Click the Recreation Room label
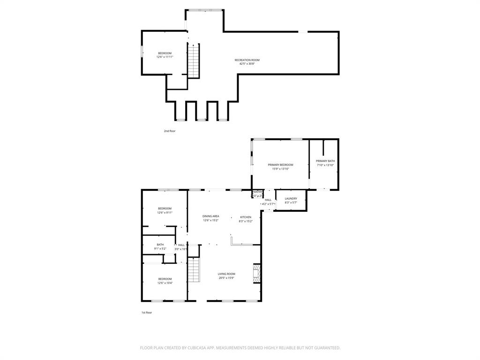click(247, 60)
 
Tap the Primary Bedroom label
click(280, 165)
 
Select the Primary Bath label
click(325, 161)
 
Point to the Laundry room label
click(291, 199)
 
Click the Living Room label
click(226, 274)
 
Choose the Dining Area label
click(210, 216)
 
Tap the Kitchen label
click(246, 217)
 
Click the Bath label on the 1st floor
click(160, 245)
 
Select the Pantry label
click(257, 192)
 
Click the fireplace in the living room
click(256, 274)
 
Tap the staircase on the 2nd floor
click(194, 61)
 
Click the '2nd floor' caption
click(170, 131)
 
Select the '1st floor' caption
click(147, 313)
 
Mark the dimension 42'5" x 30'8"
click(247, 64)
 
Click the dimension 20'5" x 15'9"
click(226, 278)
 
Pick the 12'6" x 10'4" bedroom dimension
click(165, 283)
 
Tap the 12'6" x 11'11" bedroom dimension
click(165, 57)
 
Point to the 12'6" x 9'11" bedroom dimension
click(165, 212)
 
